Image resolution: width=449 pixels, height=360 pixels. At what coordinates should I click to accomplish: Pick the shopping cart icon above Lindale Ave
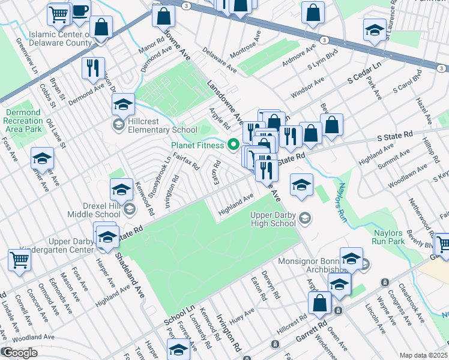[x=19, y=260]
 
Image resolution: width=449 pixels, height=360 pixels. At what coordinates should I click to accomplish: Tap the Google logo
[x=19, y=353]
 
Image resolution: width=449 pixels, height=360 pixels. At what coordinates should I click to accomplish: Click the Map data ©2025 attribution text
[x=424, y=355]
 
